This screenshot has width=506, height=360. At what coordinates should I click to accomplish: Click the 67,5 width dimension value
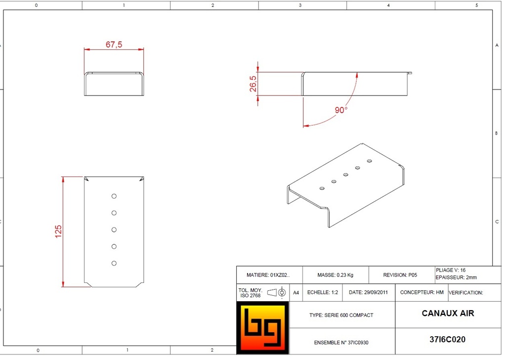click(114, 45)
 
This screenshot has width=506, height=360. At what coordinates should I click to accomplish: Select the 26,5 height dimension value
click(253, 84)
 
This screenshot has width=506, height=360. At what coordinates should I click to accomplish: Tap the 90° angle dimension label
click(341, 110)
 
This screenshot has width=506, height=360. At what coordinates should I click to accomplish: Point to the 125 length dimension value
click(58, 231)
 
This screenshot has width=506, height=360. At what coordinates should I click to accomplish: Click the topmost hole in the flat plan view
click(114, 196)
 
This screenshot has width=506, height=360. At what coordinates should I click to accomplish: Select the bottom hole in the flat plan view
click(114, 264)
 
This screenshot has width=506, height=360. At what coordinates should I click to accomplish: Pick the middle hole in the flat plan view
click(114, 230)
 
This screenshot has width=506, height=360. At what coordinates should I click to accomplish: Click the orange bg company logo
click(263, 328)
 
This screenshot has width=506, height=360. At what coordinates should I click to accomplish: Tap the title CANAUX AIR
click(448, 313)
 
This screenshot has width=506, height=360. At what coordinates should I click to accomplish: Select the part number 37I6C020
click(448, 340)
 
